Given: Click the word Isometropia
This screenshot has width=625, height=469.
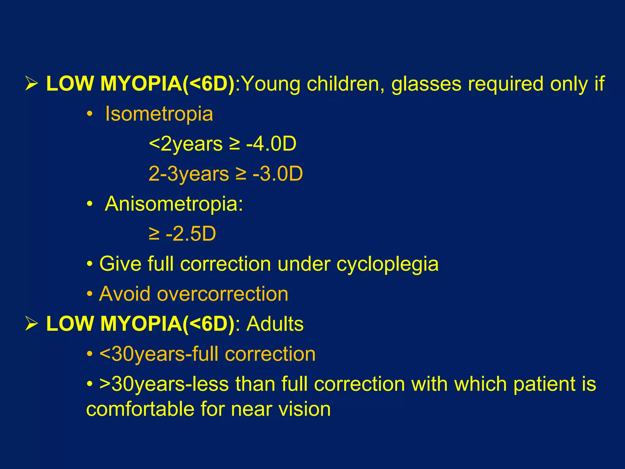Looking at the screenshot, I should pyautogui.click(x=159, y=114).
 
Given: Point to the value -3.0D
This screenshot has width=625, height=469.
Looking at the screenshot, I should pyautogui.click(x=278, y=174).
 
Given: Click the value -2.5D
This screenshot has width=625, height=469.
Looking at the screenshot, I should pyautogui.click(x=191, y=234).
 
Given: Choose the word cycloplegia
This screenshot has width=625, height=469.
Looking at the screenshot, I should pyautogui.click(x=387, y=264).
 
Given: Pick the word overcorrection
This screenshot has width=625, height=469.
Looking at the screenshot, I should pyautogui.click(x=222, y=294).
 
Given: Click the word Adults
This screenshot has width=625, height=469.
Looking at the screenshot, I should pyautogui.click(x=275, y=324).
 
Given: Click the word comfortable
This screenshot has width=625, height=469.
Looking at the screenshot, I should pyautogui.click(x=140, y=409).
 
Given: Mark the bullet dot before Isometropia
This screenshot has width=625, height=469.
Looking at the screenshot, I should pyautogui.click(x=89, y=115).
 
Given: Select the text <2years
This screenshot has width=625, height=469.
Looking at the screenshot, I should pyautogui.click(x=186, y=144).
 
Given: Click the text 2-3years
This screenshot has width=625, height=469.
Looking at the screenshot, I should pyautogui.click(x=189, y=174).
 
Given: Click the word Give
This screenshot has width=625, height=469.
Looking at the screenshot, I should pyautogui.click(x=120, y=264).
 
